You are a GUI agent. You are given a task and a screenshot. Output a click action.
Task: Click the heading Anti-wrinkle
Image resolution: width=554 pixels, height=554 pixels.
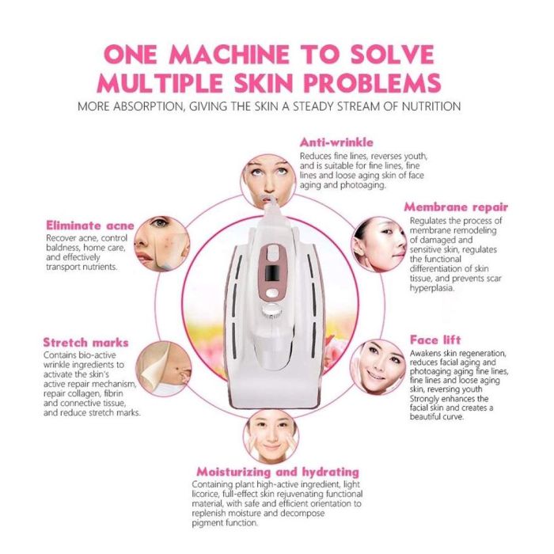336,142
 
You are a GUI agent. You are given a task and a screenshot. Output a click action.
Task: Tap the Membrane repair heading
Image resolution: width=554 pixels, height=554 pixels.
456,207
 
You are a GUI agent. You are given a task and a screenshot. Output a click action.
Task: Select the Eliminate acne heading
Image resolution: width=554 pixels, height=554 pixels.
90,226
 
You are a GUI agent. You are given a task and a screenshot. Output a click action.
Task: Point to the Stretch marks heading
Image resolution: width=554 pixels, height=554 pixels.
85,343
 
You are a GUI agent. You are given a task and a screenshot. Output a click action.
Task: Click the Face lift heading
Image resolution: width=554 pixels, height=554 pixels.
435,340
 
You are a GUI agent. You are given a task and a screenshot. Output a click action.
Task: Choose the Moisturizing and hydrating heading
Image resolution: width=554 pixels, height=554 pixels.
278,472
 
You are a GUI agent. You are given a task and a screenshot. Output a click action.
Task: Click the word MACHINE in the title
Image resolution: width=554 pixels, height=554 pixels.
230,55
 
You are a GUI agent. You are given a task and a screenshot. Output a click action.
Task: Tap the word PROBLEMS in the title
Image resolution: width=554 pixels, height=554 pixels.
372,83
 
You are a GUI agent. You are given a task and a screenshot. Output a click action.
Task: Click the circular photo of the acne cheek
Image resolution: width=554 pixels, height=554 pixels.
161,244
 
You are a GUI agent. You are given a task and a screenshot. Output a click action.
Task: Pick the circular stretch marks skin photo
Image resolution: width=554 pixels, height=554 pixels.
164,369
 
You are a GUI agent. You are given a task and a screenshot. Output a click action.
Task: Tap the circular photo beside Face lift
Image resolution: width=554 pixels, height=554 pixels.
378,367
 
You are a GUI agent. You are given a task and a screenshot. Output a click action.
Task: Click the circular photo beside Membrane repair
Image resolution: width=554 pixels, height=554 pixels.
379,245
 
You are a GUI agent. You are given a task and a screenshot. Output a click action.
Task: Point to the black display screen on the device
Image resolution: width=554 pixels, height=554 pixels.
271,274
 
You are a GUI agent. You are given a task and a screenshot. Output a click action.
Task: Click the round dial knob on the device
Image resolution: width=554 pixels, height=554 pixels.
271,310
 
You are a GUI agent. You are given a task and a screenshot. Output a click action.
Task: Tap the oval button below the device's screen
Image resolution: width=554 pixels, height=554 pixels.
271,293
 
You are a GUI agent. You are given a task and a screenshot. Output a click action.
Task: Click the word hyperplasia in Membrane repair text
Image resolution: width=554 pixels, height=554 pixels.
432,288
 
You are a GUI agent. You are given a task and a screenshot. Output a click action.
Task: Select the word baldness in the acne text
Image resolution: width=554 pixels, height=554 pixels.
63,248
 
